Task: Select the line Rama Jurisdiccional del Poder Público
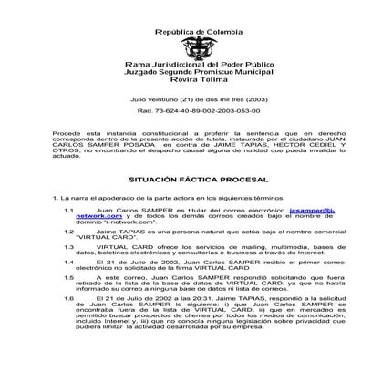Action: pos(191,66)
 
